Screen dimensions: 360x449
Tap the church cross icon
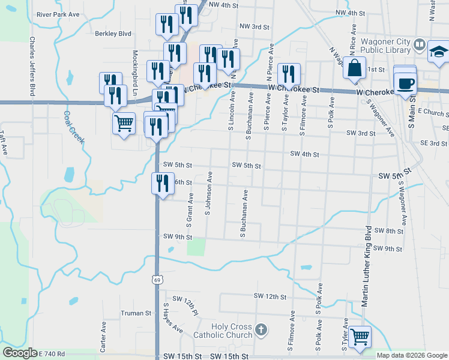pyautogui.click(x=261, y=329)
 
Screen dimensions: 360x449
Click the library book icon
pyautogui.click(x=419, y=44)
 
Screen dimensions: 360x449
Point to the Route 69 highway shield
pyautogui.click(x=157, y=280)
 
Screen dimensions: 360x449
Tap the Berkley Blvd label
pyautogui.click(x=113, y=34)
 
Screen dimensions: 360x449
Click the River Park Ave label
pyautogui.click(x=58, y=13)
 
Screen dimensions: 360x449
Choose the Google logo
pyautogui.click(x=20, y=353)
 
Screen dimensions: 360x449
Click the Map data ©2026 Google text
pyautogui.click(x=412, y=355)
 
